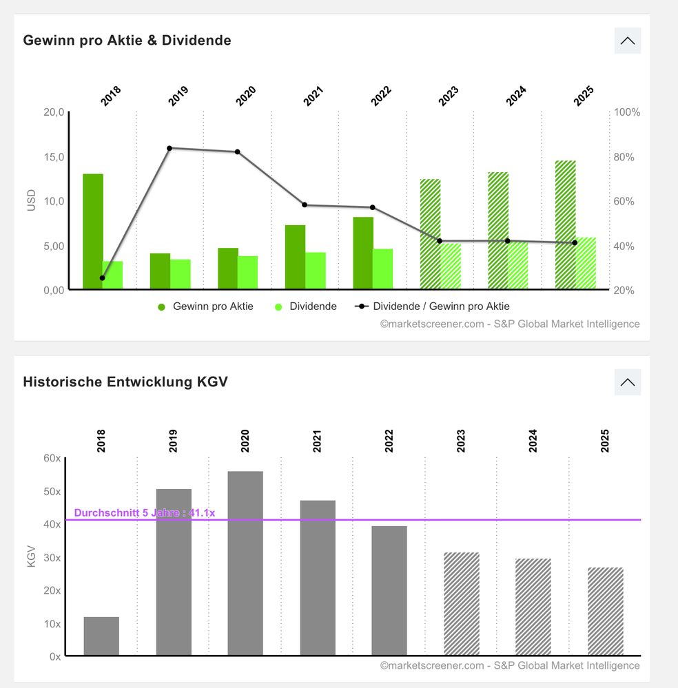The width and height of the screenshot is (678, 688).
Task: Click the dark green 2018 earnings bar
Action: click(93, 231)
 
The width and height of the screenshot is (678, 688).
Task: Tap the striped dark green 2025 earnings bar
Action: click(566, 225)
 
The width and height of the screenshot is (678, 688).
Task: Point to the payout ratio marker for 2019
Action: click(169, 148)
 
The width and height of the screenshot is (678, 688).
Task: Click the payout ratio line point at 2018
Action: click(103, 278)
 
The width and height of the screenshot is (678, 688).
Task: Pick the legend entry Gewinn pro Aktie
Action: click(205, 306)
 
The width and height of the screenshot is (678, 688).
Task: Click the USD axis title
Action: click(31, 200)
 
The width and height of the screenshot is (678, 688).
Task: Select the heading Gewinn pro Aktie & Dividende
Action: click(127, 41)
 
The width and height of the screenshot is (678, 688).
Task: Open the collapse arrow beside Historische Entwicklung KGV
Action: click(627, 382)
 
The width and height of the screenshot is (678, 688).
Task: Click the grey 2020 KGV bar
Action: click(245, 563)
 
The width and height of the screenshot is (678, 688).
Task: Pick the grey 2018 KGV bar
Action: click(101, 636)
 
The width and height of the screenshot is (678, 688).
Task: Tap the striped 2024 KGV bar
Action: click(533, 607)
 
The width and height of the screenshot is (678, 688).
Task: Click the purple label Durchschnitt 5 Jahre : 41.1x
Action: click(145, 513)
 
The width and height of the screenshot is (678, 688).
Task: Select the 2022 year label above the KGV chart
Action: click(389, 440)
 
